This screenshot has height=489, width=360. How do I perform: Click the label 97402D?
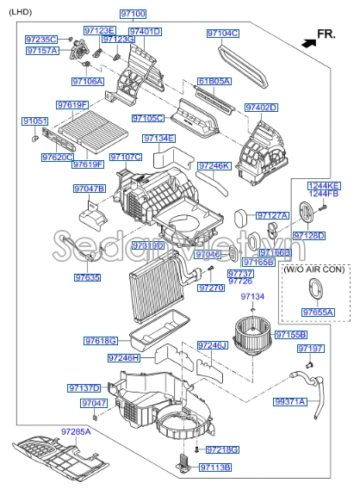tap(260, 108)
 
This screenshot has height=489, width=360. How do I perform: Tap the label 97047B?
tap(89, 188)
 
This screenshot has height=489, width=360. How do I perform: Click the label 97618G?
tap(101, 341)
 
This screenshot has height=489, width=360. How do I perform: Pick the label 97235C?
tap(41, 40)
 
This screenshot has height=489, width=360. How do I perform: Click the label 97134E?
tap(159, 138)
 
